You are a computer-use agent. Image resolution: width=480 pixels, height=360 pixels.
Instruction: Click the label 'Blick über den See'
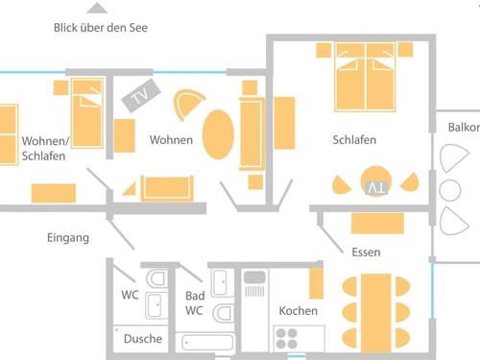(x=101, y=28)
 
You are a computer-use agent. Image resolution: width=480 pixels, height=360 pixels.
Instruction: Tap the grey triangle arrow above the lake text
(x=97, y=9)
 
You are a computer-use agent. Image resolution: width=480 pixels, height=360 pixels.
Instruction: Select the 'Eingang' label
(x=68, y=238)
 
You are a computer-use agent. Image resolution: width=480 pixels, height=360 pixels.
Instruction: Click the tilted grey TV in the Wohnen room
(x=141, y=95)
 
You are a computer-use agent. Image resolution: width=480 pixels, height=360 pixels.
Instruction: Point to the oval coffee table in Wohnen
(x=218, y=134)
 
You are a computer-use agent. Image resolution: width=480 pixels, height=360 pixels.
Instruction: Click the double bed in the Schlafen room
(x=365, y=77)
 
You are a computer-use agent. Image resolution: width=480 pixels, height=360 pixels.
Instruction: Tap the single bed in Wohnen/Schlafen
(x=87, y=113)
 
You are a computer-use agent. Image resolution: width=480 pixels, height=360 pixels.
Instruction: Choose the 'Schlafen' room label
(x=354, y=140)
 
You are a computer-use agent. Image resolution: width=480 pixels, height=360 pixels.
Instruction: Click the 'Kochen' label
(x=298, y=311)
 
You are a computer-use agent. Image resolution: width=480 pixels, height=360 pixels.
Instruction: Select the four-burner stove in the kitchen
(x=287, y=339)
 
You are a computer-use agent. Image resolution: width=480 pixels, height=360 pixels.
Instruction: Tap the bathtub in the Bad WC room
(x=207, y=343)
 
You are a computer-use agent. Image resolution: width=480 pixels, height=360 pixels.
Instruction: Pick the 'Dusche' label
(x=143, y=339)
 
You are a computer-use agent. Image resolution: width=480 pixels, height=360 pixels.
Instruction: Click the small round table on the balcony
(x=450, y=190)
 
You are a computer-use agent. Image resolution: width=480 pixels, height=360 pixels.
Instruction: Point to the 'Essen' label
(x=366, y=252)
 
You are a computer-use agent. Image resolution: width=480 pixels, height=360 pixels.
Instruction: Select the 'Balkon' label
(x=464, y=128)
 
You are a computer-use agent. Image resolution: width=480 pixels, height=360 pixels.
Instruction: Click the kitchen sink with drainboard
(x=254, y=284)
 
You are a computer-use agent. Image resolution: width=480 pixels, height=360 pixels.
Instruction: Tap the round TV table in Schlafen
(x=376, y=181)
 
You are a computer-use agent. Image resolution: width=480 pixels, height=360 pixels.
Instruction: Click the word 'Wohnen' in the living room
(x=171, y=140)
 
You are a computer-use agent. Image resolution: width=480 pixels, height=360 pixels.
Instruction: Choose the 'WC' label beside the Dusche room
(x=130, y=295)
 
